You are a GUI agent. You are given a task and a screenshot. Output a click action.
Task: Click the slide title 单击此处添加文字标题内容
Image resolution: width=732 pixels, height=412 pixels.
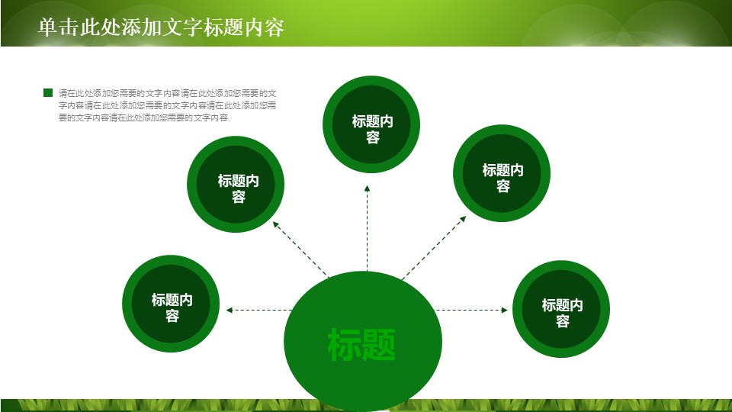[x=161, y=27]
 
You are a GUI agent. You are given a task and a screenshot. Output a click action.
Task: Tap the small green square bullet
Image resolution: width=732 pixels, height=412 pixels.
[x=48, y=92]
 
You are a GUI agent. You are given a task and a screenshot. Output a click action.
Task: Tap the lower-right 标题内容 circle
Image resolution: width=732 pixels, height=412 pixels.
[x=561, y=308]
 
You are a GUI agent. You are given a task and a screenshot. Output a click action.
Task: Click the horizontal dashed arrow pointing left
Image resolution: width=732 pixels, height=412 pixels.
[x=259, y=310]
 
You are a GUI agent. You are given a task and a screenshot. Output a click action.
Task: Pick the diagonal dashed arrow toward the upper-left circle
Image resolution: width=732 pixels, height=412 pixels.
[x=300, y=249]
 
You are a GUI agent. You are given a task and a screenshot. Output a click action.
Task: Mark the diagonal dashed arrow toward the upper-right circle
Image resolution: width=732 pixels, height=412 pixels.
[x=433, y=247]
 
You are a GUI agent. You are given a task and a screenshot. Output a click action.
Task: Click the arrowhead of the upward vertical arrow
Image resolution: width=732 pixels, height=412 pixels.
[x=367, y=188]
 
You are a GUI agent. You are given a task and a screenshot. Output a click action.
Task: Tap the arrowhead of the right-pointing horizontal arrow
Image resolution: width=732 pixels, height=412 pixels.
[x=504, y=310]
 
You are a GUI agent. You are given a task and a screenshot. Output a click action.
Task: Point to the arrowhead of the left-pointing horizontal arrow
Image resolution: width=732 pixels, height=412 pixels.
[x=228, y=310]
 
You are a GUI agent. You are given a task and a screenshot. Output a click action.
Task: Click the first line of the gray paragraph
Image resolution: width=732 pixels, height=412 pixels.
[x=168, y=93]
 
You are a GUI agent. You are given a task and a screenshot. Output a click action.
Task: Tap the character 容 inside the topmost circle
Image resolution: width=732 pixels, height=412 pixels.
[x=372, y=138]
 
